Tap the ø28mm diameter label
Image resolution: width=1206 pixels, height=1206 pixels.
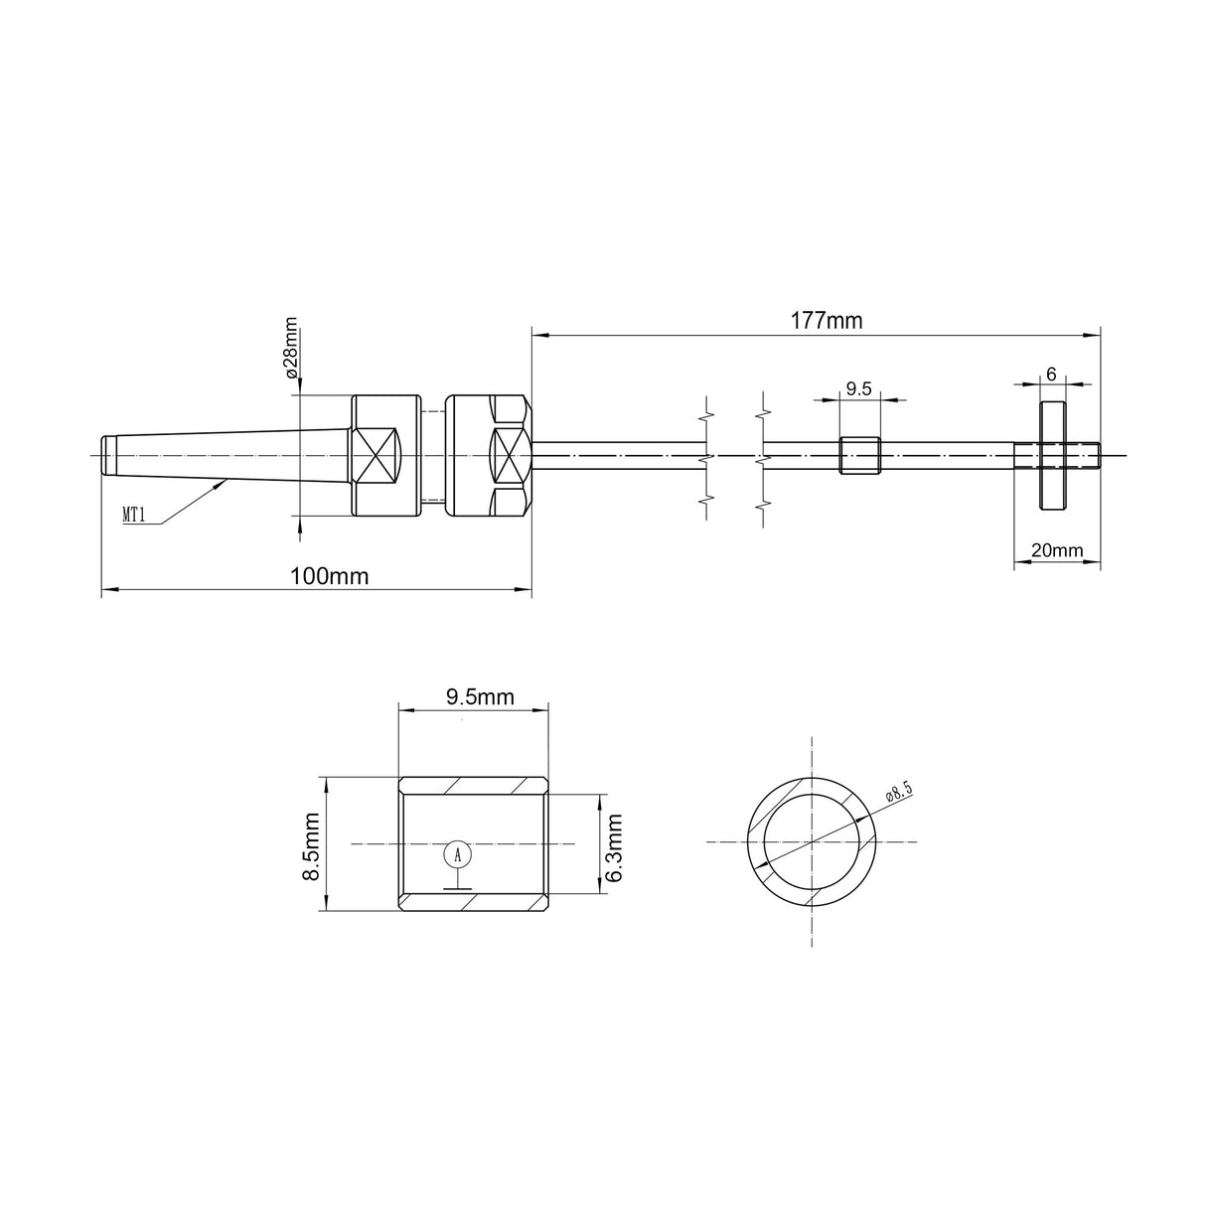pos(291,349)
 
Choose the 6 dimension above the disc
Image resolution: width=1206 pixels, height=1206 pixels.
pos(1051,374)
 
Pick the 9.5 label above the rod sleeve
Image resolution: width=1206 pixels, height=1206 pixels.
pos(858,389)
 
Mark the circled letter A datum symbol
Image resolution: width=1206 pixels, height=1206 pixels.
pos(457,854)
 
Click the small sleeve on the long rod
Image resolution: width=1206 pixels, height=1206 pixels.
pos(860,455)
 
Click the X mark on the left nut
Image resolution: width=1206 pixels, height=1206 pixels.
pos(377,455)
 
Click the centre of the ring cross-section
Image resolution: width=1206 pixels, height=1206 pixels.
pos(813,841)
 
